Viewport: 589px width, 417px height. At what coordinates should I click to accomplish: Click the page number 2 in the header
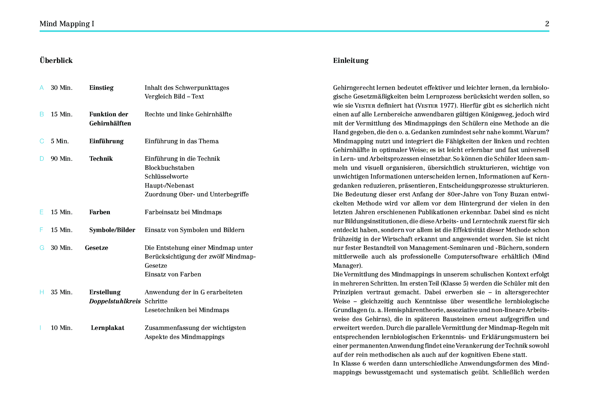547,24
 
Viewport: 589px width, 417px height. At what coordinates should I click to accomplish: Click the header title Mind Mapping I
67,24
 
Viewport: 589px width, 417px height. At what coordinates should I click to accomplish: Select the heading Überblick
56,61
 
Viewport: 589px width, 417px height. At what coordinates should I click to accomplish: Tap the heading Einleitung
351,61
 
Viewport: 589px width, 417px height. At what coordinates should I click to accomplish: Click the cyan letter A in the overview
42,88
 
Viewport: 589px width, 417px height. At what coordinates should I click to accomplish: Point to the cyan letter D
42,159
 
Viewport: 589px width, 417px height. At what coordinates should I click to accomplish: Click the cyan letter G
42,248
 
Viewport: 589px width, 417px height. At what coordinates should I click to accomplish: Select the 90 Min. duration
61,159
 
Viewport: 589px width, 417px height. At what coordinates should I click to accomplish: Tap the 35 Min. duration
61,292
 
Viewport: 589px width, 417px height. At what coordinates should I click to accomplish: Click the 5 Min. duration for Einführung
60,141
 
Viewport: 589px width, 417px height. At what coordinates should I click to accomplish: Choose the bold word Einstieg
101,88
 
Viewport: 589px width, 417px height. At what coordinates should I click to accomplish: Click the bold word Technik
101,159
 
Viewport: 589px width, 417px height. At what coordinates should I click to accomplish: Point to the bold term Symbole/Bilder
112,230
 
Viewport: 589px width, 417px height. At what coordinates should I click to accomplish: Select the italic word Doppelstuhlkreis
115,301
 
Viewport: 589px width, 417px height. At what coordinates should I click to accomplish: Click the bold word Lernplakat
107,328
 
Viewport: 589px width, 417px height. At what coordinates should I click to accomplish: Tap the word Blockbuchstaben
169,168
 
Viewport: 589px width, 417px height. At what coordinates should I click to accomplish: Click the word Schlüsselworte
166,177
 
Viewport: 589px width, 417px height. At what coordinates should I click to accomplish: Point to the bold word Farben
99,212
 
